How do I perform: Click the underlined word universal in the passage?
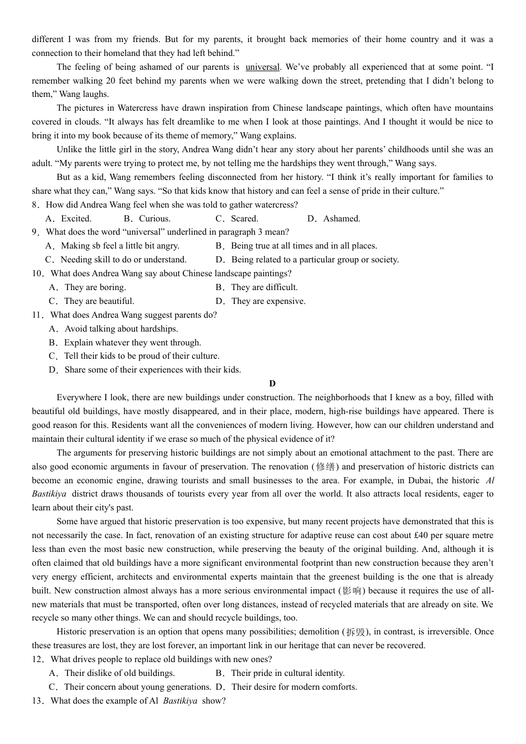[x=262, y=67]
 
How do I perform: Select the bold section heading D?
[x=272, y=384]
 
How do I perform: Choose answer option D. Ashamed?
[x=334, y=219]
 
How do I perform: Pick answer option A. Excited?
[x=69, y=219]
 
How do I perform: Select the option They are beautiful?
[x=92, y=301]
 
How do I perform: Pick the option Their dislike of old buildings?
[x=112, y=673]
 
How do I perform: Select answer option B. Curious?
[x=147, y=219]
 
